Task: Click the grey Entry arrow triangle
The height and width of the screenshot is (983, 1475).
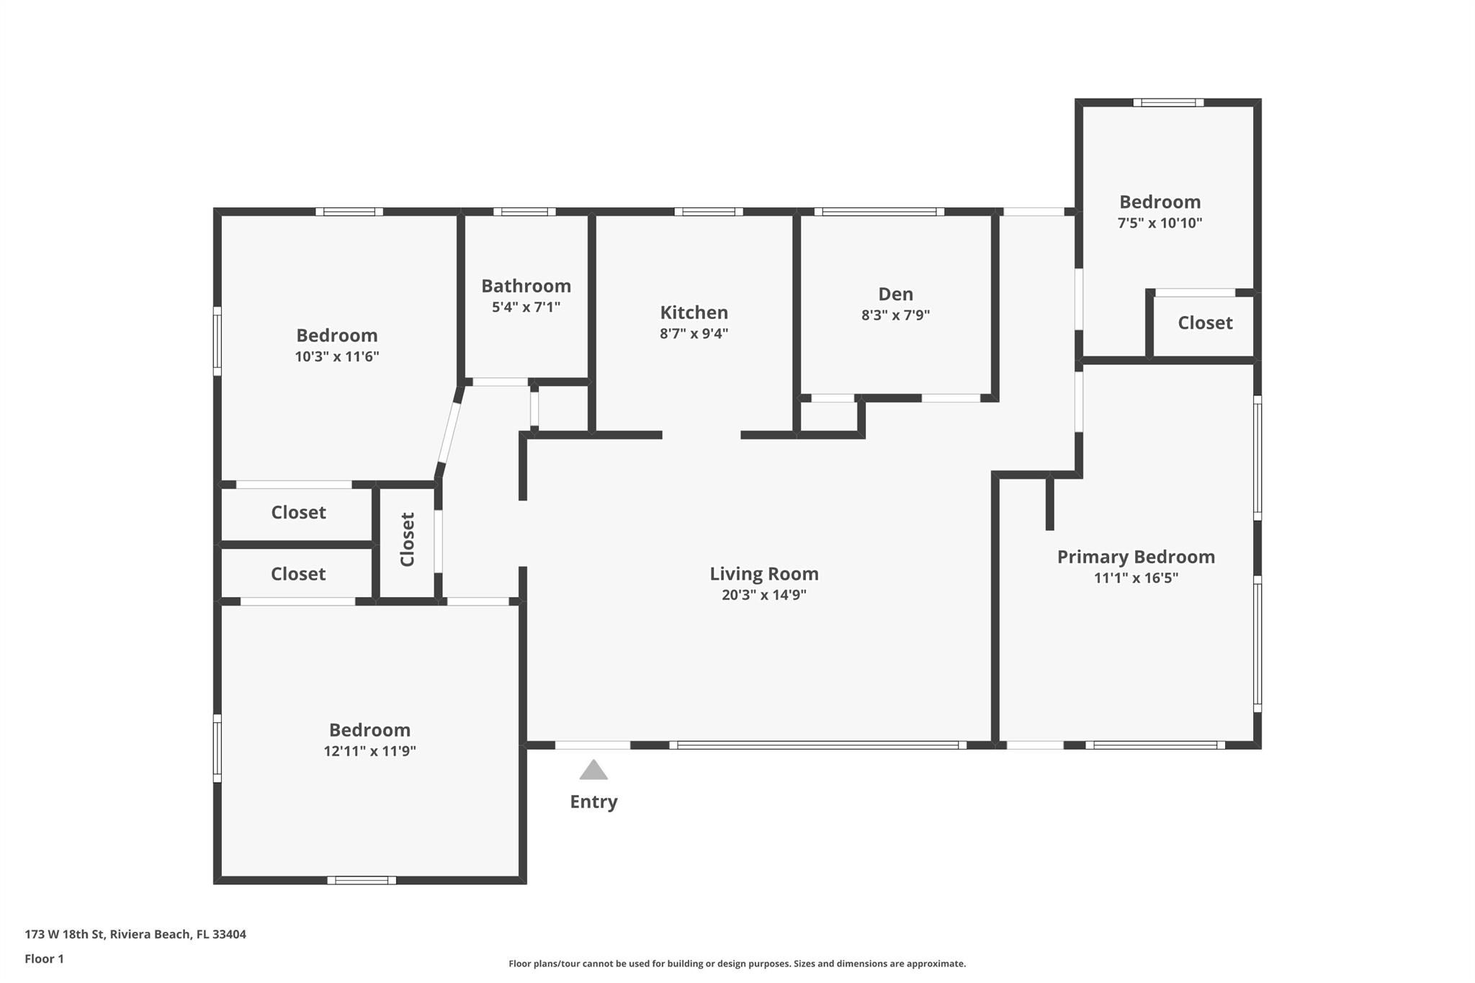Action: (593, 771)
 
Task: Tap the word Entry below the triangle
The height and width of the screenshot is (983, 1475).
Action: (593, 802)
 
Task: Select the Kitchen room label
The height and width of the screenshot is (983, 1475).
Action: (694, 313)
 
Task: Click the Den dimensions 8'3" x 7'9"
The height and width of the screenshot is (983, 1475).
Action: (895, 315)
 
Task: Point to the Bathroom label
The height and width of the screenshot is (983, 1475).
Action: (526, 286)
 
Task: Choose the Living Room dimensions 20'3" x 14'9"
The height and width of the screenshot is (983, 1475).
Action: (763, 595)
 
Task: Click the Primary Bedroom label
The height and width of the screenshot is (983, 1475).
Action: (1136, 557)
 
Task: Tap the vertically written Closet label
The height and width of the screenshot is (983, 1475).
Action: (408, 539)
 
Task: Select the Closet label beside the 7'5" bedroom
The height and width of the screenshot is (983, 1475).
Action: (1205, 323)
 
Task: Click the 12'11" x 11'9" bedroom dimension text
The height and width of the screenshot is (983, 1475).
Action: (369, 751)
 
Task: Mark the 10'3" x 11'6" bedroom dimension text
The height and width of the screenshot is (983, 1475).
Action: (336, 356)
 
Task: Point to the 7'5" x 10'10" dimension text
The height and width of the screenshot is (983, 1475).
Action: (1160, 223)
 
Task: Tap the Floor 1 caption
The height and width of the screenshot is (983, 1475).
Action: (44, 959)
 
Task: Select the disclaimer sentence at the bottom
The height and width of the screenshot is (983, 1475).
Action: (737, 964)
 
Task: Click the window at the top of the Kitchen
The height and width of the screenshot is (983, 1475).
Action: (709, 212)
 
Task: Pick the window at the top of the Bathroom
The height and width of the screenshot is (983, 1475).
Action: (524, 212)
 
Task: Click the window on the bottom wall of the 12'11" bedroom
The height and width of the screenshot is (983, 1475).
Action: (362, 880)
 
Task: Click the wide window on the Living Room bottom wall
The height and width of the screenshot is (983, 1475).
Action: (817, 745)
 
